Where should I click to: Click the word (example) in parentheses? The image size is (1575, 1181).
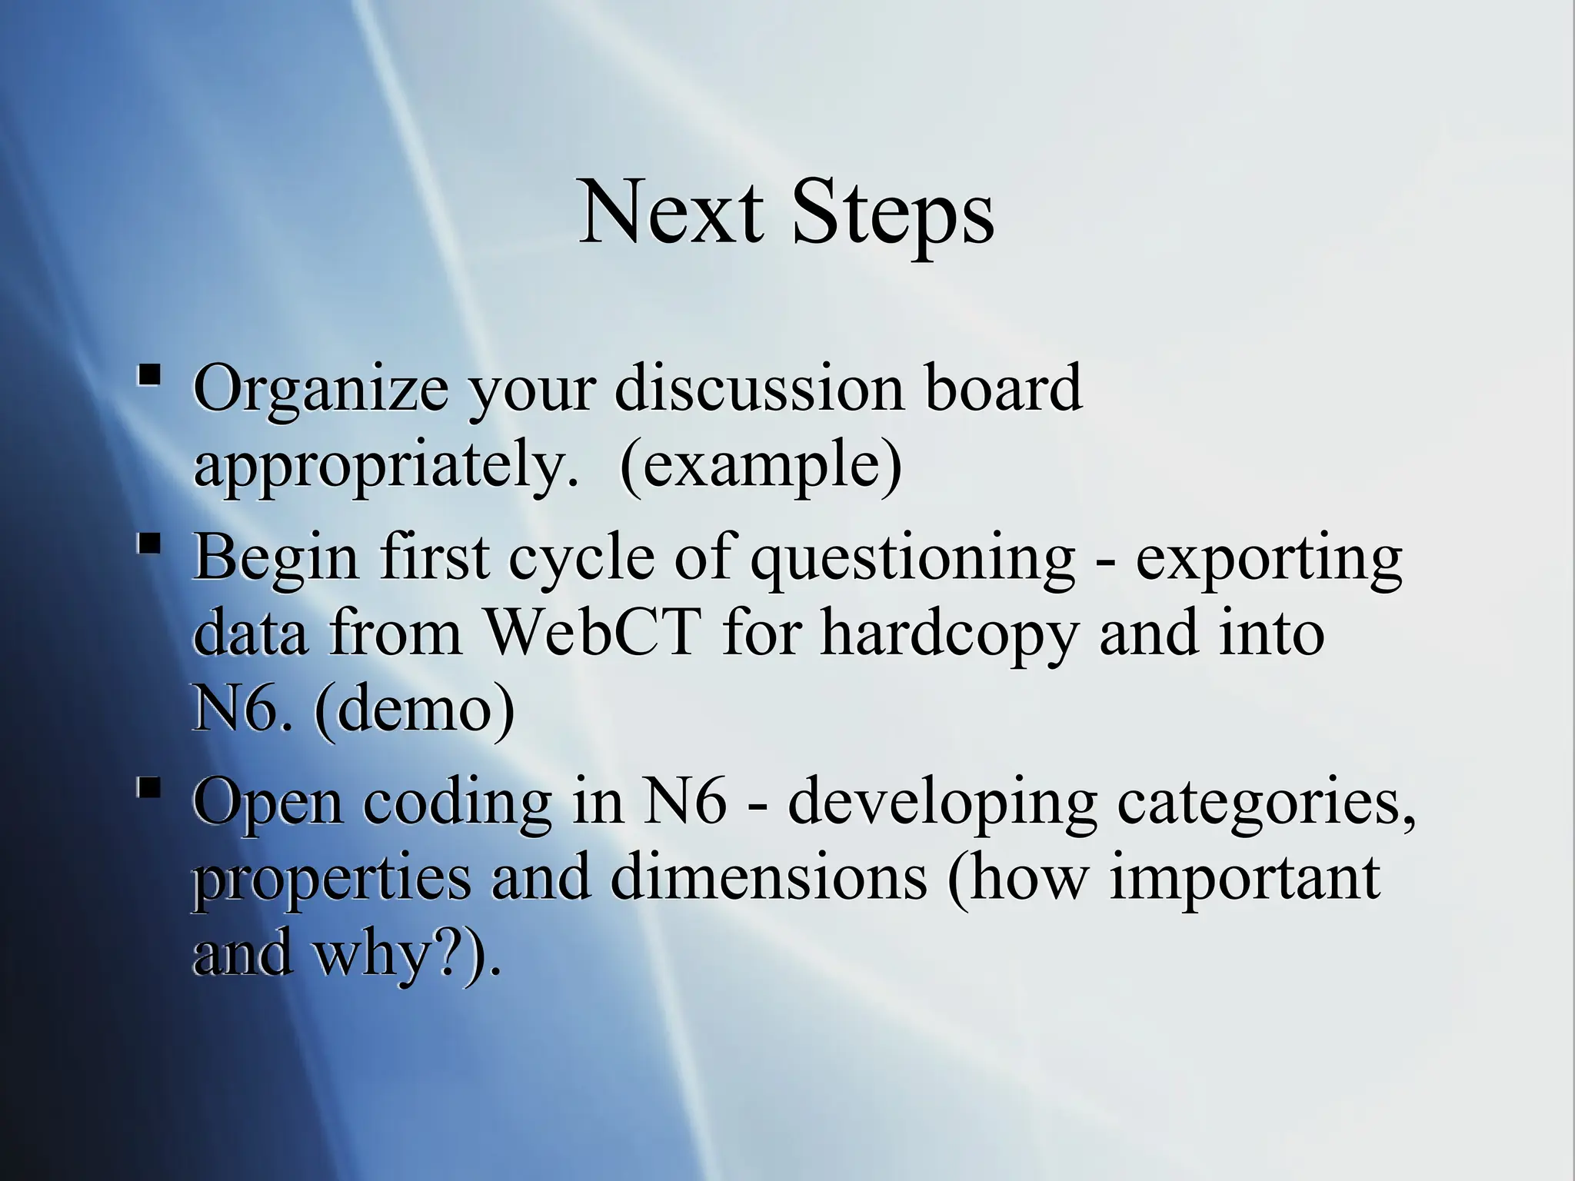click(761, 464)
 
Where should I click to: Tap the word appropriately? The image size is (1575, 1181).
click(385, 464)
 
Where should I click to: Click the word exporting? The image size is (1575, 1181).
click(1269, 557)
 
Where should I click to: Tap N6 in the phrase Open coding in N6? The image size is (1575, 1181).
click(684, 801)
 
